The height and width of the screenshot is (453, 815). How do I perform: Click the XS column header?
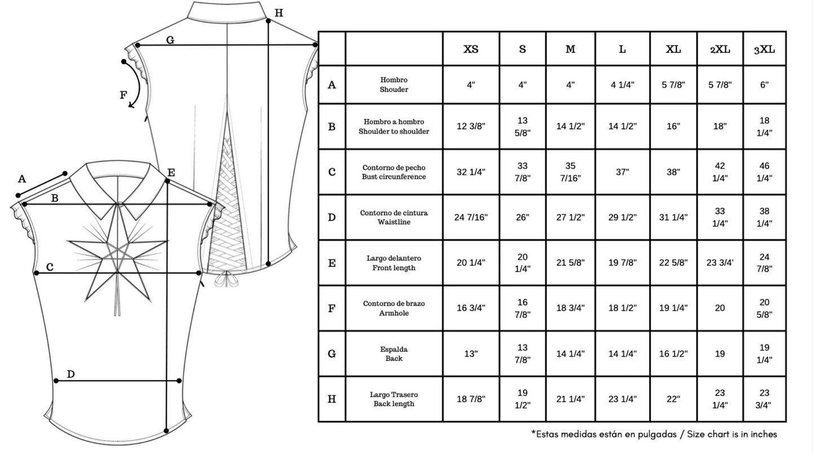click(x=471, y=49)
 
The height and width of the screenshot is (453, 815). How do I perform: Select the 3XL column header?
click(x=764, y=50)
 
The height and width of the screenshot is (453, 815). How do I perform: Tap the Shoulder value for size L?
click(x=622, y=85)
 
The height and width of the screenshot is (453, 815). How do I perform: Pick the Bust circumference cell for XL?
click(x=673, y=171)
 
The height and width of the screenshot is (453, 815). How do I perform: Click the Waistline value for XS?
click(x=471, y=217)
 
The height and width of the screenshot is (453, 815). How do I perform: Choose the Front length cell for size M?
click(x=570, y=263)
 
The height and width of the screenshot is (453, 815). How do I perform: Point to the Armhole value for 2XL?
click(x=720, y=308)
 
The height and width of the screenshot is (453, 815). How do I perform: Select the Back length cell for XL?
click(x=673, y=399)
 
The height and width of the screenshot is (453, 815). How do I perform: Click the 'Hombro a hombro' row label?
click(x=394, y=122)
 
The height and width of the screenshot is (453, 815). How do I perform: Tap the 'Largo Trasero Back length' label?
click(x=394, y=399)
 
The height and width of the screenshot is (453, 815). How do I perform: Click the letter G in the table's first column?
click(x=332, y=354)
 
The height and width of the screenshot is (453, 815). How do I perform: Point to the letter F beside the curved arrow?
click(x=124, y=95)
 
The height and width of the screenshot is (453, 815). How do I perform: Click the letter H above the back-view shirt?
click(x=279, y=13)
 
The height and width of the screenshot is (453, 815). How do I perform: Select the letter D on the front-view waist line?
click(x=71, y=374)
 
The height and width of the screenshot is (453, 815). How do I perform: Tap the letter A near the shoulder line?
click(x=22, y=179)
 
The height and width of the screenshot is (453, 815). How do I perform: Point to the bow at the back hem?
click(x=226, y=280)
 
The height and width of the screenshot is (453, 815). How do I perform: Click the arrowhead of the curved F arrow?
click(x=131, y=105)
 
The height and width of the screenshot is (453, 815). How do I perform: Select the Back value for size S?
click(x=522, y=354)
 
